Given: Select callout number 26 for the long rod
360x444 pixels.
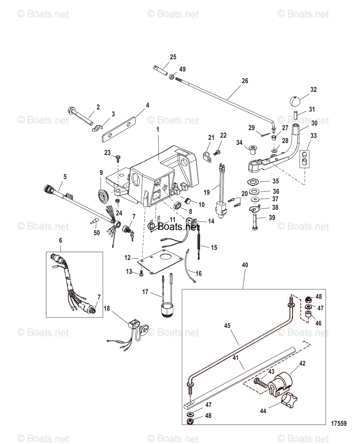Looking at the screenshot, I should point(245,81).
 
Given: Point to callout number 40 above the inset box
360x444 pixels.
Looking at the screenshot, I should point(245,265).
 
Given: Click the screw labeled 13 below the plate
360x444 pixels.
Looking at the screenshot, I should point(141,274).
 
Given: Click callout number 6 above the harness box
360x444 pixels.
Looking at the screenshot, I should point(61,240).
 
